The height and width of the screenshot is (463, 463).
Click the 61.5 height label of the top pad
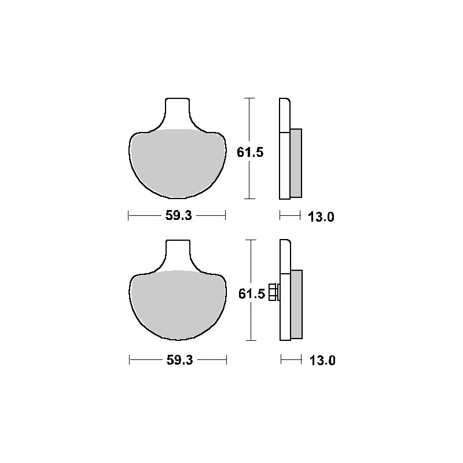tap(250, 152)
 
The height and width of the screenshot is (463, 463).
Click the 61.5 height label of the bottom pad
tap(252, 294)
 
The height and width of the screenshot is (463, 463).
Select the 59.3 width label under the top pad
tap(178, 215)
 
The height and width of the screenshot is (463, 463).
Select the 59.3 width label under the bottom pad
tap(179, 360)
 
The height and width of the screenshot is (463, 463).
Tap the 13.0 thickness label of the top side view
tap(321, 217)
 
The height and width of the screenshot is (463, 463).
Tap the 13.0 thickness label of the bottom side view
tap(322, 361)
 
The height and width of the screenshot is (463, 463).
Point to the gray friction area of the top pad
tap(178, 164)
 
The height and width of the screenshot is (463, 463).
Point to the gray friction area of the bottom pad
tap(178, 305)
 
